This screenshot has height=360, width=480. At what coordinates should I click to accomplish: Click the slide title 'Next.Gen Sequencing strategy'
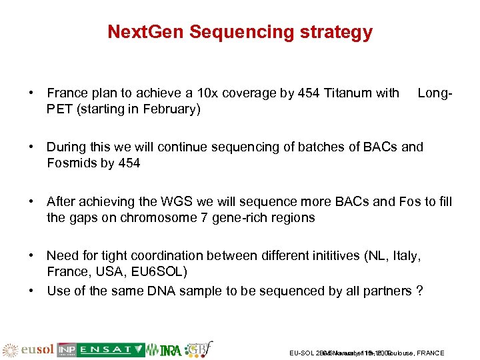click(240, 32)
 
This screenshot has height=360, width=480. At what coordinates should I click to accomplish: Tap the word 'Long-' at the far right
click(435, 93)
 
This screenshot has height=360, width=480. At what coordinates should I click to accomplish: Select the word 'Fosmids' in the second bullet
click(69, 163)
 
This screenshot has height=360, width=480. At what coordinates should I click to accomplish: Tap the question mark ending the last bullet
click(419, 291)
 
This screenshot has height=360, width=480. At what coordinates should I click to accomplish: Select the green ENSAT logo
click(111, 349)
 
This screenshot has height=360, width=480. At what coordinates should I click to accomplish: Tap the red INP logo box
click(66, 349)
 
